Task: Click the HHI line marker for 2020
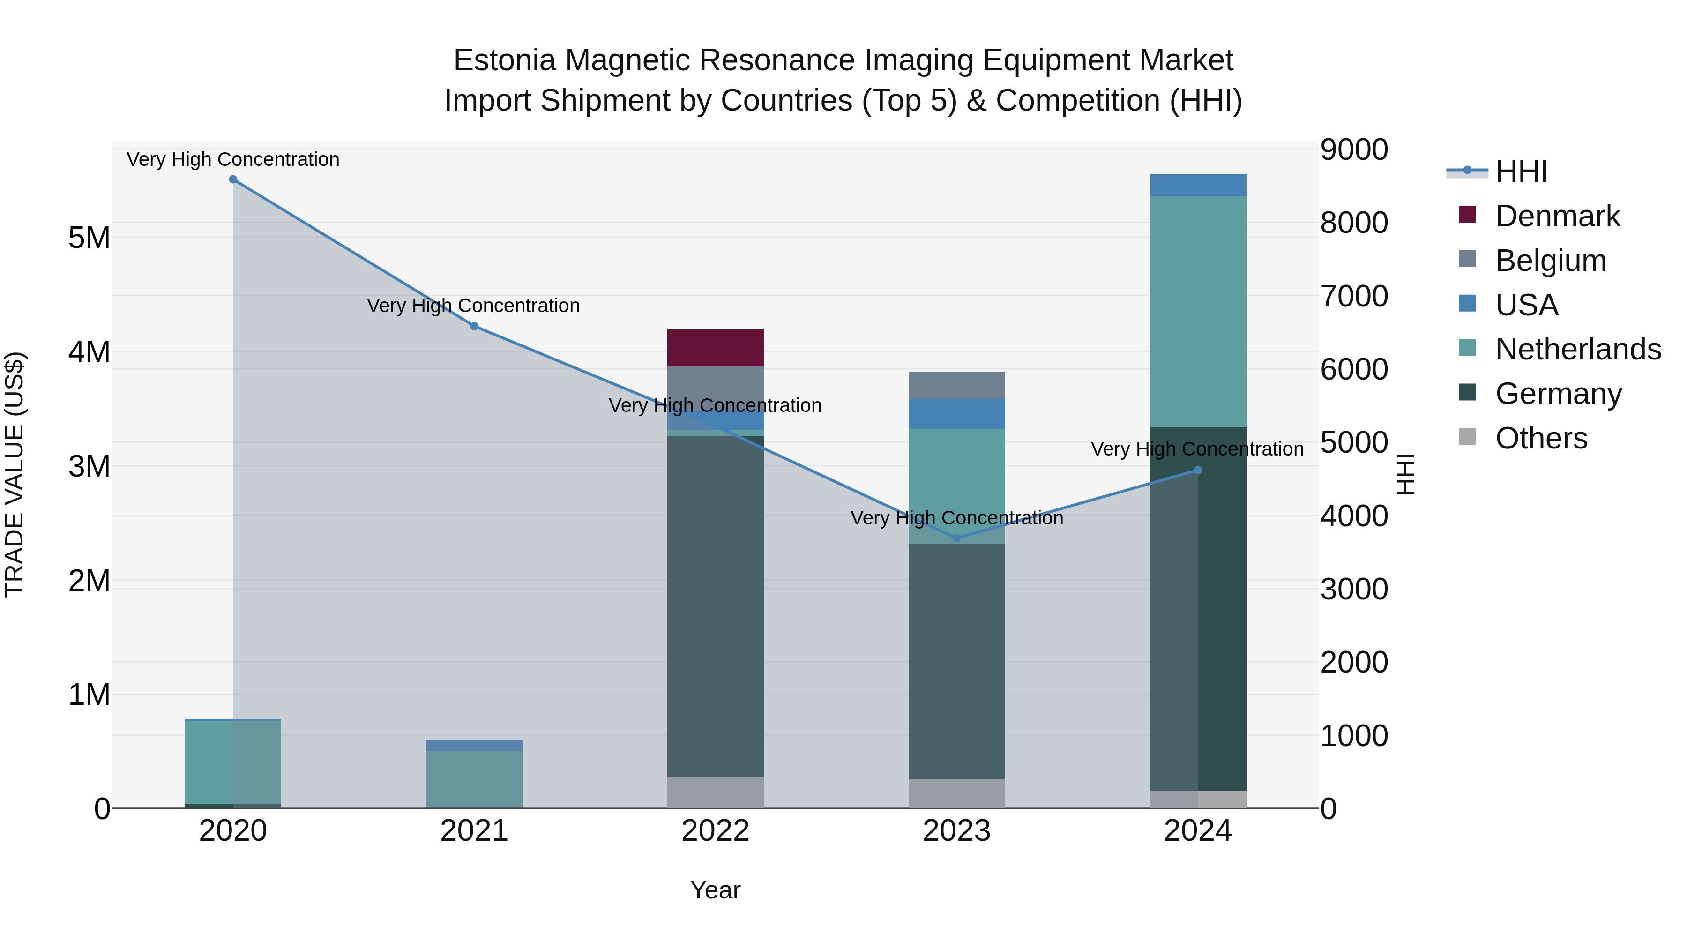tap(233, 179)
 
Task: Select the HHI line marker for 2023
tap(957, 538)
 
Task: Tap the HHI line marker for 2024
tap(1198, 470)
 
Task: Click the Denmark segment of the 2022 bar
tap(715, 348)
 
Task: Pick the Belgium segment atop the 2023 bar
tap(957, 386)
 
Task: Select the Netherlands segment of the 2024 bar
tap(1198, 312)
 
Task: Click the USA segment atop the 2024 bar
tap(1198, 185)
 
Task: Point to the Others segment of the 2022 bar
tap(715, 792)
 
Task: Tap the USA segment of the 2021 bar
tap(474, 745)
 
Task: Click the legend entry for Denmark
tap(1557, 216)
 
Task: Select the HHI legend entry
tap(1521, 172)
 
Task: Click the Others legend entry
tap(1541, 438)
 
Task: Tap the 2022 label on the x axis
tap(715, 831)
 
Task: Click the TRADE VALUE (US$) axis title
tap(15, 474)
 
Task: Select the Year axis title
tap(715, 891)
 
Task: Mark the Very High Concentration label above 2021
tap(473, 306)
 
